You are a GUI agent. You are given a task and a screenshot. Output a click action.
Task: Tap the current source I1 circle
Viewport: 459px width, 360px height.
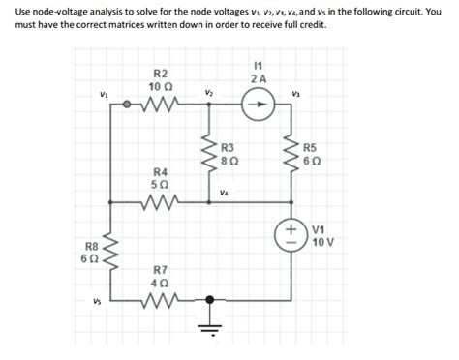point(256,107)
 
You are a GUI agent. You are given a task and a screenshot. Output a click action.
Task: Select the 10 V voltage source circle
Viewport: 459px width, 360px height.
point(291,233)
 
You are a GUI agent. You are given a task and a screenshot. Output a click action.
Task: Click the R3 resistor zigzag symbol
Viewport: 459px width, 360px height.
point(207,154)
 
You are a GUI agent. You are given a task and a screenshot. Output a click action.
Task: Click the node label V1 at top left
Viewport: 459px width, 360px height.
point(104,94)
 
